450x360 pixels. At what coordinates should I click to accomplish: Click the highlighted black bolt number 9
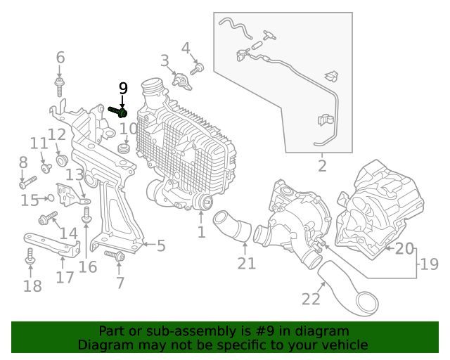pos(117,111)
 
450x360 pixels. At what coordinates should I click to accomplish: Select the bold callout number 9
pos(123,89)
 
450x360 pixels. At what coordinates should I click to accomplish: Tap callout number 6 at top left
pos(60,58)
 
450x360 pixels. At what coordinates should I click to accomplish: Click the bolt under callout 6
pos(60,88)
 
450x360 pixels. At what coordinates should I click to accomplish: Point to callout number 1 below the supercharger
pos(201,231)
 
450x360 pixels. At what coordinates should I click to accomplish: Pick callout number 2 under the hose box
pos(322,166)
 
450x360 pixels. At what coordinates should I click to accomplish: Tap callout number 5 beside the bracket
pos(160,245)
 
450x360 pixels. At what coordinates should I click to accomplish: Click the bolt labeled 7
pos(115,255)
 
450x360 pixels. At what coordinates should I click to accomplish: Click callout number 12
pos(57,134)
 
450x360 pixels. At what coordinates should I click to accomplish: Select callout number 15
pos(30,201)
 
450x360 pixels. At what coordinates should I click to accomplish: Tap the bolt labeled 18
pos(30,257)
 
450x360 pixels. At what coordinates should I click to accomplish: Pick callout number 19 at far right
pos(428,264)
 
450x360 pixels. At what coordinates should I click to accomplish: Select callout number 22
pos(311,299)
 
